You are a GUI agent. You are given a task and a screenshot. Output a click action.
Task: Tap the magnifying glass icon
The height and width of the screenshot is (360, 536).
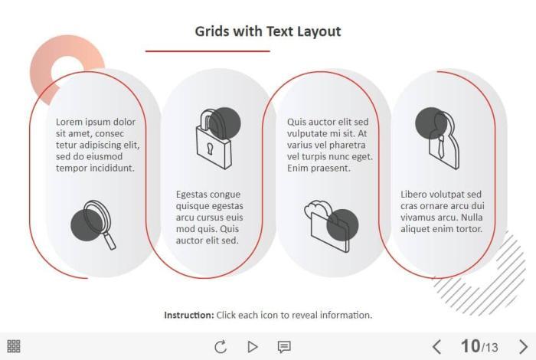pyautogui.click(x=93, y=224)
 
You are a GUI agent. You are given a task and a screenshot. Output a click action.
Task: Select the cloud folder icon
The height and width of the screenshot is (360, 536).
pyautogui.click(x=331, y=226)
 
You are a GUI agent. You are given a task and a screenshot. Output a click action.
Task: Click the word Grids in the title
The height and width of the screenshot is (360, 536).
pyautogui.click(x=212, y=31)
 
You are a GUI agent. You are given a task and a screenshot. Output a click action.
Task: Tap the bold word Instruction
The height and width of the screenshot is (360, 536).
pyautogui.click(x=189, y=315)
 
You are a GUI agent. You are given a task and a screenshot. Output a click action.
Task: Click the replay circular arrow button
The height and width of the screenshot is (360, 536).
pyautogui.click(x=221, y=347)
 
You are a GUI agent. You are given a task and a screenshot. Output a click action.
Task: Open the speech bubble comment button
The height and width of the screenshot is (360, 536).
pyautogui.click(x=284, y=347)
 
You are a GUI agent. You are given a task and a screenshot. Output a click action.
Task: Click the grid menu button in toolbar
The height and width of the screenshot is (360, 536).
pyautogui.click(x=14, y=346)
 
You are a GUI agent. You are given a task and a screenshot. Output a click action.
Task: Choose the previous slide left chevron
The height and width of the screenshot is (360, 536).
pyautogui.click(x=436, y=347)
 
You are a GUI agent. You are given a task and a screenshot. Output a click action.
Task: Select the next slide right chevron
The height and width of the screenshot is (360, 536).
pyautogui.click(x=523, y=347)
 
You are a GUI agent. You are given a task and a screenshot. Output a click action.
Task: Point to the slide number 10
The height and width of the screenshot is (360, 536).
pyautogui.click(x=470, y=346)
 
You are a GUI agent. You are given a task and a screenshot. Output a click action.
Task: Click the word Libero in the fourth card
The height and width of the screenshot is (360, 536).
pyautogui.click(x=413, y=195)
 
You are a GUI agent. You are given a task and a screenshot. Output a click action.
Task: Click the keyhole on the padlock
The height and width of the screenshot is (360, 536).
pyautogui.click(x=210, y=149)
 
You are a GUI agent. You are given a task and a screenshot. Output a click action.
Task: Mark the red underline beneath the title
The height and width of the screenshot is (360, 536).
pyautogui.click(x=208, y=51)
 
